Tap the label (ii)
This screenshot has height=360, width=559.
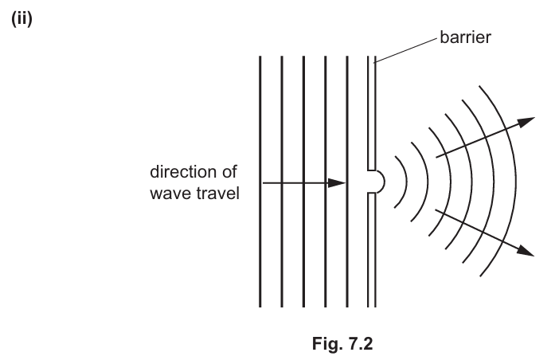click(x=21, y=18)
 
